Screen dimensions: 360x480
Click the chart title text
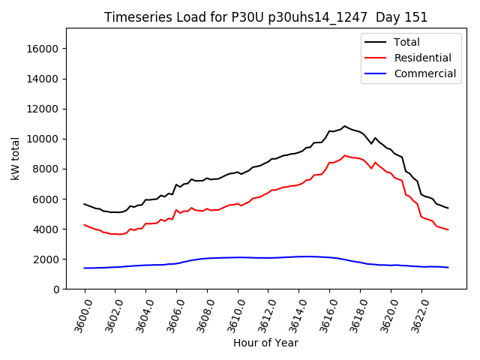(x=266, y=17)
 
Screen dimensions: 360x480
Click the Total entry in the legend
(x=406, y=42)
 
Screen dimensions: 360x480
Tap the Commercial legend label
(x=424, y=73)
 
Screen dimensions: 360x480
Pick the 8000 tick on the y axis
(x=46, y=169)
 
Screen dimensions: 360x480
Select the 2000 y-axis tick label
(x=46, y=259)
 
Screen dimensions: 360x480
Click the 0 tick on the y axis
(x=56, y=289)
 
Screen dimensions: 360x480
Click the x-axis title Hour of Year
(x=265, y=343)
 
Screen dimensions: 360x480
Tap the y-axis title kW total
(x=15, y=158)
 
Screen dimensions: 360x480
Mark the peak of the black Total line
(x=345, y=126)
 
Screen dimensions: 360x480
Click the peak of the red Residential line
(x=345, y=155)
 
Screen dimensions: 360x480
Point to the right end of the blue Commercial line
(x=448, y=267)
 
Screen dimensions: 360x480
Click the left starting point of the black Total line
(x=85, y=204)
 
